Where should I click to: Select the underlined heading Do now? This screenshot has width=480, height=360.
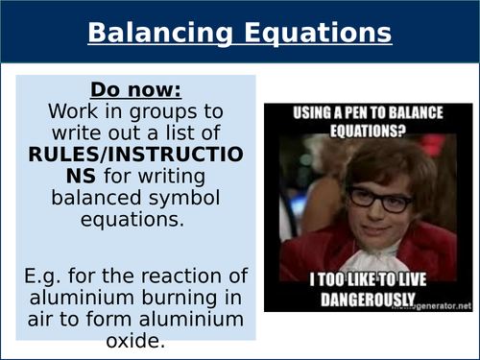click(134, 90)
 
